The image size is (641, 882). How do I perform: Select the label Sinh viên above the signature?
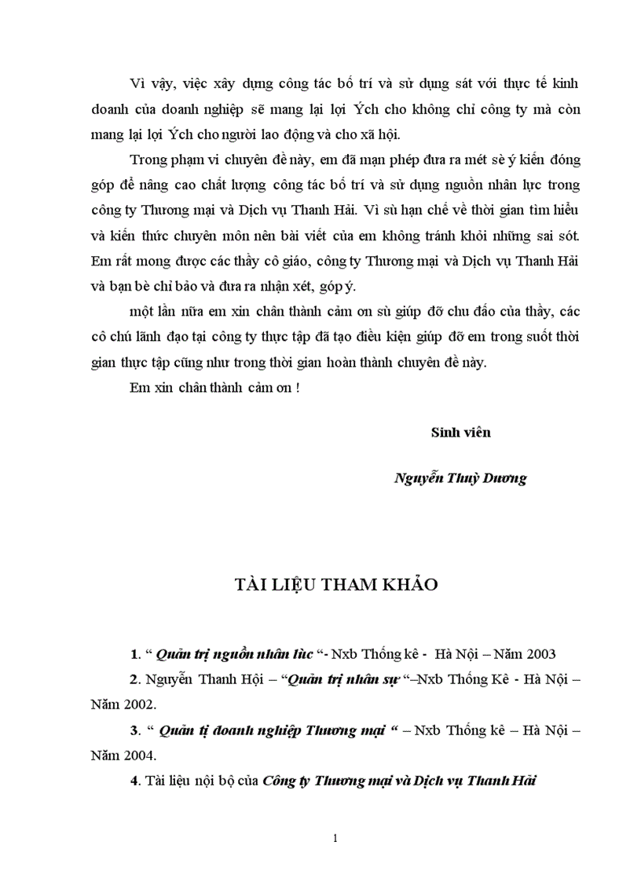[x=460, y=432]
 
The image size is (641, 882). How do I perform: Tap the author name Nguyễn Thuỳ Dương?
[x=460, y=478]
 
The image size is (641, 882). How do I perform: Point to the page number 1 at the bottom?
[x=335, y=838]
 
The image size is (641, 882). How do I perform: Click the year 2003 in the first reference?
[x=541, y=653]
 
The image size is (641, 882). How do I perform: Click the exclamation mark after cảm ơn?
[x=298, y=387]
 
